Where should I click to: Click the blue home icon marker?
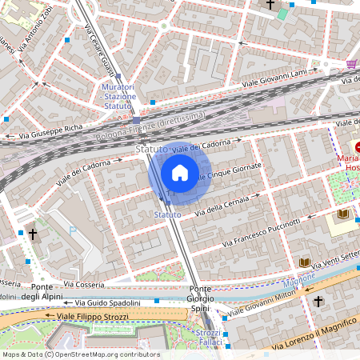tap(180, 173)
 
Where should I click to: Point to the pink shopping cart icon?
tap(351, 64)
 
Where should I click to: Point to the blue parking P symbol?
tap(73, 231)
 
